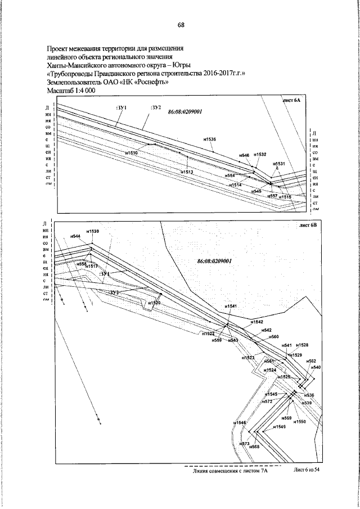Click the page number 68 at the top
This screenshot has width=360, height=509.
[181, 25]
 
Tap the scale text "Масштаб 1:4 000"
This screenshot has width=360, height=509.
[73, 90]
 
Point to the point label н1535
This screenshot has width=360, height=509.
[208, 139]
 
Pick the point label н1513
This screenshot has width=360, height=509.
[188, 172]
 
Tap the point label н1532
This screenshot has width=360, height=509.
[260, 154]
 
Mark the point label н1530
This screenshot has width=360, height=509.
[93, 232]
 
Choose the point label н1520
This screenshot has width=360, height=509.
[155, 303]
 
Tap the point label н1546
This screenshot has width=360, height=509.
[240, 422]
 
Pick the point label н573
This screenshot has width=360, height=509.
[244, 444]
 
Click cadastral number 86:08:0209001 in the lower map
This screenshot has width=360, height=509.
[215, 261]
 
